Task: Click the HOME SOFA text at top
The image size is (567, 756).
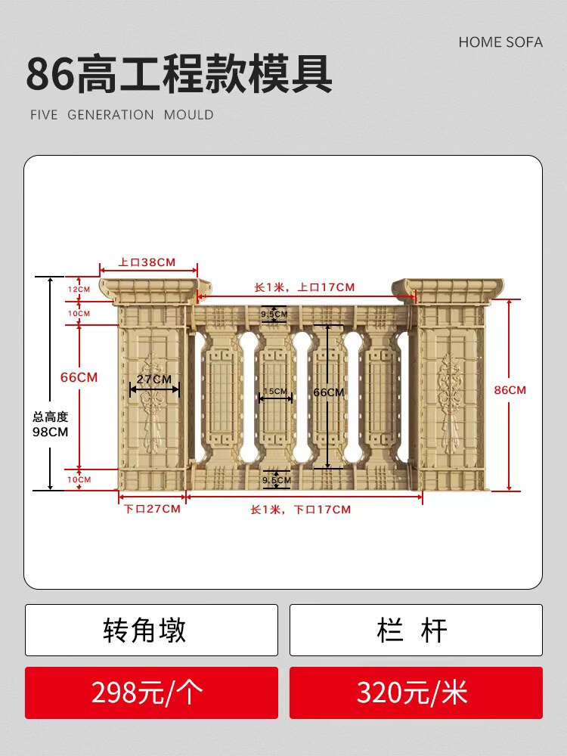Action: point(500,42)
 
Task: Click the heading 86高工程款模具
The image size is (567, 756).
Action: point(179,74)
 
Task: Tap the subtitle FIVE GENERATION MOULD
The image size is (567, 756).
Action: point(122,115)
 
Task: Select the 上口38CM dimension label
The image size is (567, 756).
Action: point(147,262)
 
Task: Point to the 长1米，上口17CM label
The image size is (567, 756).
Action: point(304,287)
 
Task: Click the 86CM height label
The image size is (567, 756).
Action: point(510,390)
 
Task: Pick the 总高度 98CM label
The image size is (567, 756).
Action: point(50,424)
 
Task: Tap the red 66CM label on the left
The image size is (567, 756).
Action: point(79,377)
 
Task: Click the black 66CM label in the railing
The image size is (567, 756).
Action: point(328,392)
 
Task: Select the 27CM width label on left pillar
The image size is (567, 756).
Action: point(154,379)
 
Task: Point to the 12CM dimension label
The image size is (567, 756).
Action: point(79,290)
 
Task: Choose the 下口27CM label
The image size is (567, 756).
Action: point(152,509)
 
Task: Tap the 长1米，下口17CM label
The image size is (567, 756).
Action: point(301,510)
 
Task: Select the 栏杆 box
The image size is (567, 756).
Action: point(416,630)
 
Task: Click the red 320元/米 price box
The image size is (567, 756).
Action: point(416,692)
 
